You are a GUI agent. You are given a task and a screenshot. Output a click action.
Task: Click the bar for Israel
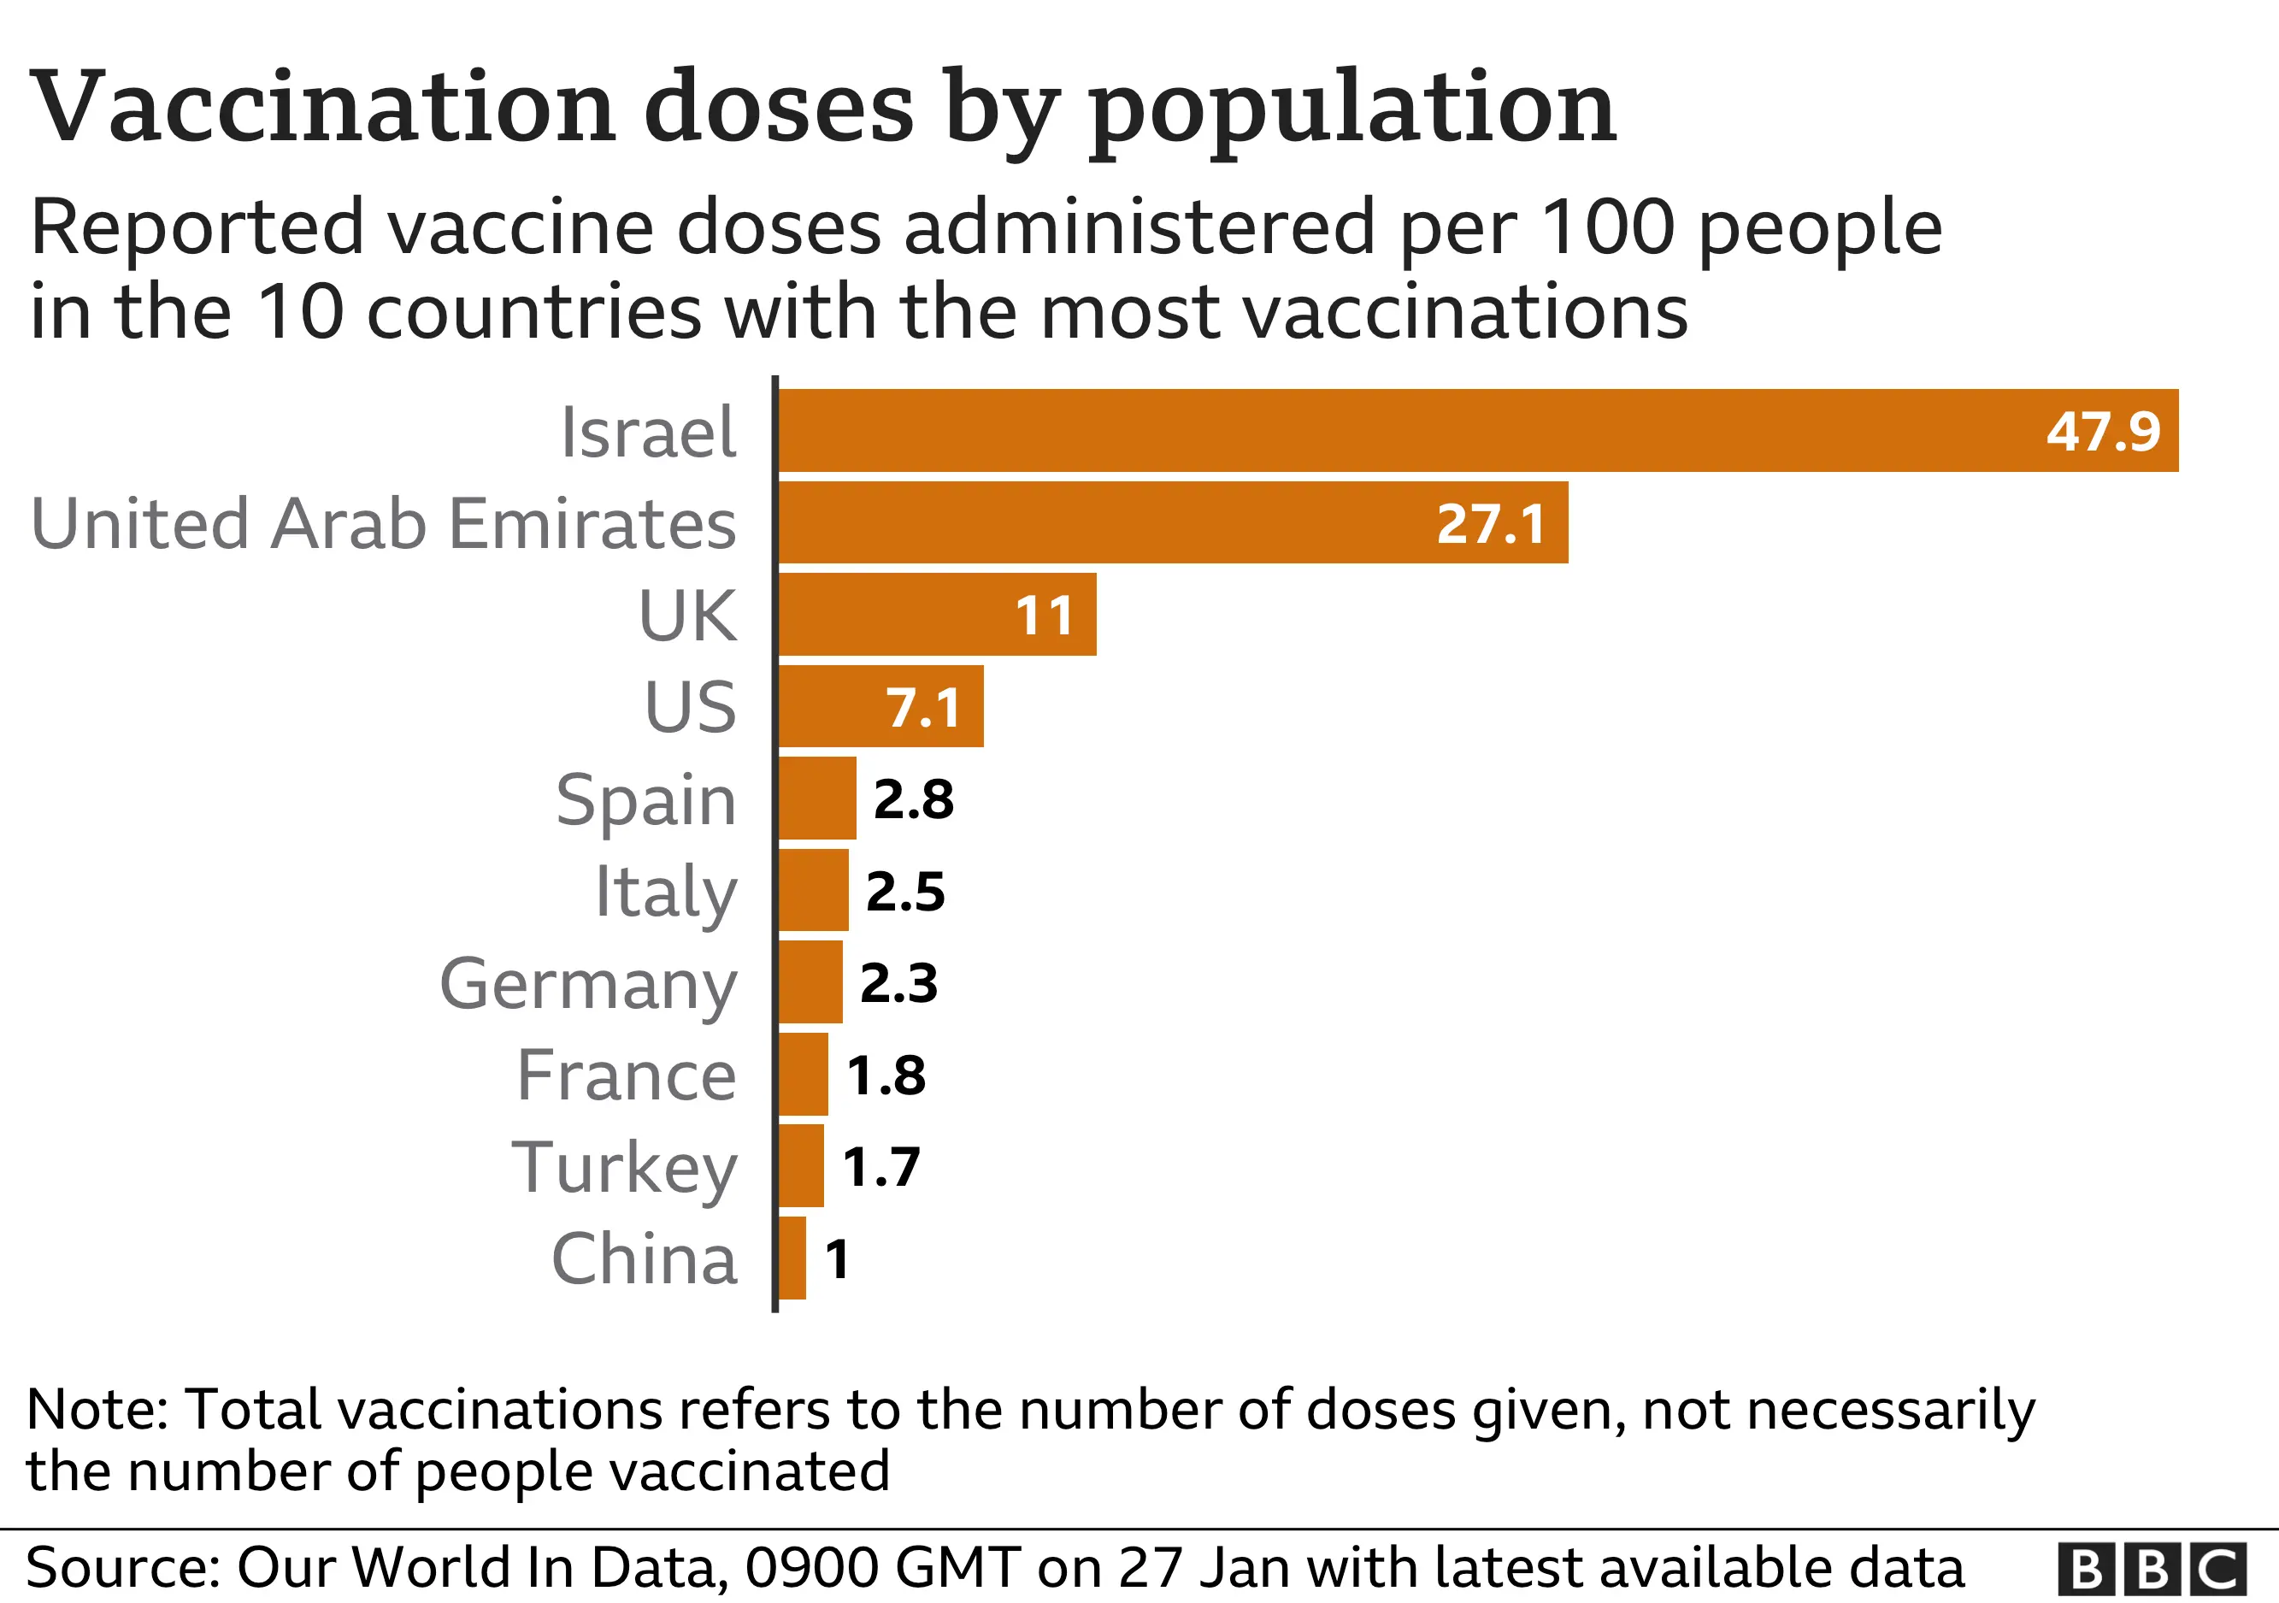[1390, 430]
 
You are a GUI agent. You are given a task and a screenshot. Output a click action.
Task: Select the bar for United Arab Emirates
[1092, 522]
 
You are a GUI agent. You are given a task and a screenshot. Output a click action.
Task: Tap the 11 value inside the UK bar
[1045, 616]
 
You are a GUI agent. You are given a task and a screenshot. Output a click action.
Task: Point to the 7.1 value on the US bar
[923, 708]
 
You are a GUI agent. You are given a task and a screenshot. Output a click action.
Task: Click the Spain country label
[646, 799]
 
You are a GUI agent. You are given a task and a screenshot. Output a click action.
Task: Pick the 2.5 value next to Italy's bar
[905, 892]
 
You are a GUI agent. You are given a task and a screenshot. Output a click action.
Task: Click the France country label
[627, 1075]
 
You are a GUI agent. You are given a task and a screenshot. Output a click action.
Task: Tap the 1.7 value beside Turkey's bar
[881, 1166]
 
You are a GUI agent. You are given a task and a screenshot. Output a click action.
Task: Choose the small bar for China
[792, 1258]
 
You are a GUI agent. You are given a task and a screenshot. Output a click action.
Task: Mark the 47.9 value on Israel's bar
[2102, 431]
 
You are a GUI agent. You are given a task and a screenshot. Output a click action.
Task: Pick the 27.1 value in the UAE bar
[1490, 523]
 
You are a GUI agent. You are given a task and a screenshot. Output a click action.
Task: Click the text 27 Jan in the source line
[1204, 1568]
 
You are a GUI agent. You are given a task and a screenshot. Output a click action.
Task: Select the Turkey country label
[624, 1167]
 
